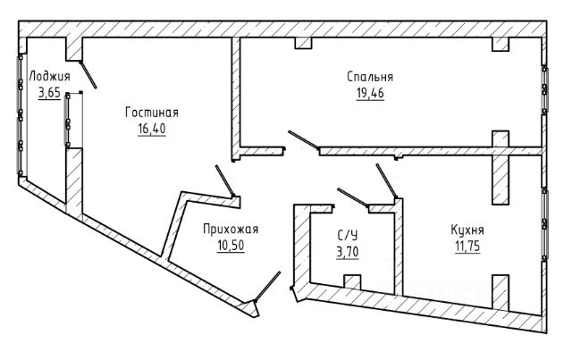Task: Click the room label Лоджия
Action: [x=49, y=78]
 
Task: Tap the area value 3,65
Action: [x=49, y=93]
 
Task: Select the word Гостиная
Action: [x=152, y=113]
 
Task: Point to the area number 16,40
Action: [x=152, y=129]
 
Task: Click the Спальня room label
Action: [x=370, y=77]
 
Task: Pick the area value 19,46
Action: [x=370, y=94]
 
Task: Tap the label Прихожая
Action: [x=231, y=230]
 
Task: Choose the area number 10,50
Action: [x=231, y=246]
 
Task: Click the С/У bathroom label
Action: [x=348, y=235]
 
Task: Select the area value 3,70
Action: [x=348, y=252]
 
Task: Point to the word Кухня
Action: [x=467, y=230]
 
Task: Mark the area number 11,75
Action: [x=467, y=247]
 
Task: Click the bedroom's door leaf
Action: [x=304, y=139]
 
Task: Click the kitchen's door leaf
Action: [x=387, y=181]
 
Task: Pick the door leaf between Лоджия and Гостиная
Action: [x=88, y=75]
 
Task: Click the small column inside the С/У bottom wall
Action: [x=352, y=282]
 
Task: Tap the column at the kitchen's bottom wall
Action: [x=500, y=292]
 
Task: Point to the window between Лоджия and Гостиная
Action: [x=68, y=120]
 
